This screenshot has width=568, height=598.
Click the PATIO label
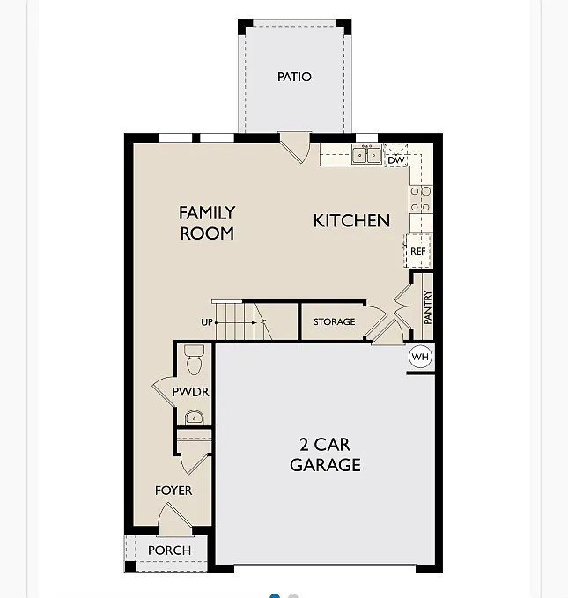coord(294,77)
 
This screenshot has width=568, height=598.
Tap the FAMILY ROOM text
coord(207,223)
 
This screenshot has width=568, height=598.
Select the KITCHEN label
coord(351,221)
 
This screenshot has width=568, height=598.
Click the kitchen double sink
coord(366,154)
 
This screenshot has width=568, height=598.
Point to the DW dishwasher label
coord(395,159)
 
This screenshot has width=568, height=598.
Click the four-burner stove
coord(421,199)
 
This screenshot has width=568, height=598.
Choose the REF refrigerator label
coord(417,251)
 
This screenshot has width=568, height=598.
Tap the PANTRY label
coord(428,307)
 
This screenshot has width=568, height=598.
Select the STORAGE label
coord(334,321)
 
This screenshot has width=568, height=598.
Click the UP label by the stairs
coord(207,322)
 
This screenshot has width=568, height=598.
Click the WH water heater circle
coord(420,357)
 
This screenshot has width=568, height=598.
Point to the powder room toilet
coord(194,359)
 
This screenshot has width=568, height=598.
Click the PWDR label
coord(190,392)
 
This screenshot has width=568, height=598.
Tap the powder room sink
coord(194,417)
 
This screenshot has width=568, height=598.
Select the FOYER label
coord(173,491)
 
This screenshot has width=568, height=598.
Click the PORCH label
coord(169,550)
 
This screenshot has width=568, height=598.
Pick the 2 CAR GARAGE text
coord(325,454)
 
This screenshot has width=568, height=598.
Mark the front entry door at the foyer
coord(174,519)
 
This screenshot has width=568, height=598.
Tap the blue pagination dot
coord(275,595)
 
